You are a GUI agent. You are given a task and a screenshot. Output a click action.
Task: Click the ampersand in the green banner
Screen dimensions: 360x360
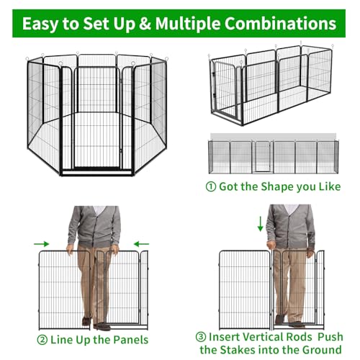click(x=145, y=24)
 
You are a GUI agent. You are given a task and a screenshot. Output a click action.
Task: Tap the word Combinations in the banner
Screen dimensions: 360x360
click(x=280, y=24)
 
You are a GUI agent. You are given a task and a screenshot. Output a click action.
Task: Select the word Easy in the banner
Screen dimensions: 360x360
click(x=40, y=24)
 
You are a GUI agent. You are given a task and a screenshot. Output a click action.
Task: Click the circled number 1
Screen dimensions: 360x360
click(x=211, y=186)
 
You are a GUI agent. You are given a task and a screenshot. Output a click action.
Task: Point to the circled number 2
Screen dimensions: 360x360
click(x=42, y=340)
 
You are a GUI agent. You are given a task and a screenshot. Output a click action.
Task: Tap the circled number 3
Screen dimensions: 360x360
click(x=201, y=337)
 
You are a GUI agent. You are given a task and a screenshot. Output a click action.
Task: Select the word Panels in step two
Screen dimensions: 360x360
click(x=130, y=340)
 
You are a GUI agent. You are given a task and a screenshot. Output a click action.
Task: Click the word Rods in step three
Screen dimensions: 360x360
click(x=300, y=337)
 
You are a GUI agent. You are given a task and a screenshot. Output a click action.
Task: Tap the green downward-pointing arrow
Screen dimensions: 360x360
click(x=261, y=224)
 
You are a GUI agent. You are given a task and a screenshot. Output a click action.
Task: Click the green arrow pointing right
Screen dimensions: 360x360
click(x=42, y=244)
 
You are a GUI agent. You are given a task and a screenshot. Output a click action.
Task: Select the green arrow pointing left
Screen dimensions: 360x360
click(x=141, y=244)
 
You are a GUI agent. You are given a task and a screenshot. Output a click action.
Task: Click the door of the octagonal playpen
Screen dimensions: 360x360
click(x=96, y=117)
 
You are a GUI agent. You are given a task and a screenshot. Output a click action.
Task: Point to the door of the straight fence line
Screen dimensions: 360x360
click(x=262, y=157)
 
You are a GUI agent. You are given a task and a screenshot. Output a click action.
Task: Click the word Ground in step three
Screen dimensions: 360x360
click(x=322, y=350)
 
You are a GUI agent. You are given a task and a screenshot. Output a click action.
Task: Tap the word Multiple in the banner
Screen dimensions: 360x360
click(x=188, y=24)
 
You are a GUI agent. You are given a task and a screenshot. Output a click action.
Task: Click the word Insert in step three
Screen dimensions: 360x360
click(x=223, y=337)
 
